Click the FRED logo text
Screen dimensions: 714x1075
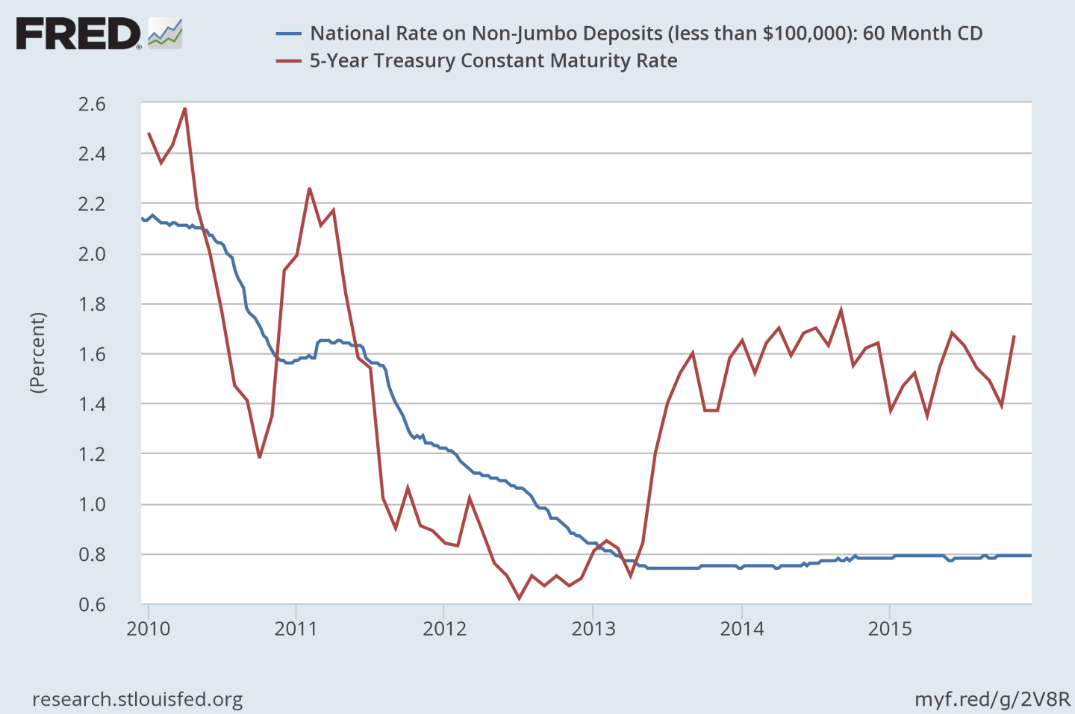coord(78,34)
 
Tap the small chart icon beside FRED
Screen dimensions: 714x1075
coord(165,34)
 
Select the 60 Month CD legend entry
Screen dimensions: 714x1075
coord(646,34)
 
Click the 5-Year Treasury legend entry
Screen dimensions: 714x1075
coord(493,60)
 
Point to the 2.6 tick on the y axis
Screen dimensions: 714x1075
coord(92,104)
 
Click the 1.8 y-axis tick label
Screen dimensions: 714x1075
coord(92,304)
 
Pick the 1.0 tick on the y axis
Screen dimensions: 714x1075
coord(92,504)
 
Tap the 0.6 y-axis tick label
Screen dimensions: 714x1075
coord(92,604)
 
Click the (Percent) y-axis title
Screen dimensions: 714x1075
coord(37,353)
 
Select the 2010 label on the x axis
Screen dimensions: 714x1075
coord(148,629)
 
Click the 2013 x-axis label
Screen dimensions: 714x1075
coord(593,629)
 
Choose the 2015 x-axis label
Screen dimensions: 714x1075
coord(889,629)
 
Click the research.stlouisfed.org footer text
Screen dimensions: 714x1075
coord(137,700)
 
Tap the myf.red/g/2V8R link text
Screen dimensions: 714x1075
coord(992,700)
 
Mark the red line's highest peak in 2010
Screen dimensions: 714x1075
coord(184,108)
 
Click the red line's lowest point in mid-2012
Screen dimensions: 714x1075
coord(519,598)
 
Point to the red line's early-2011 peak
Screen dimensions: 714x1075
coord(309,188)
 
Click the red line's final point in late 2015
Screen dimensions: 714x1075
coord(1014,336)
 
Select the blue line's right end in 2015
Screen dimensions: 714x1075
coord(1030,555)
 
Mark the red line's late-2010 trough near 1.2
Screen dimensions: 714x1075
coord(259,457)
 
